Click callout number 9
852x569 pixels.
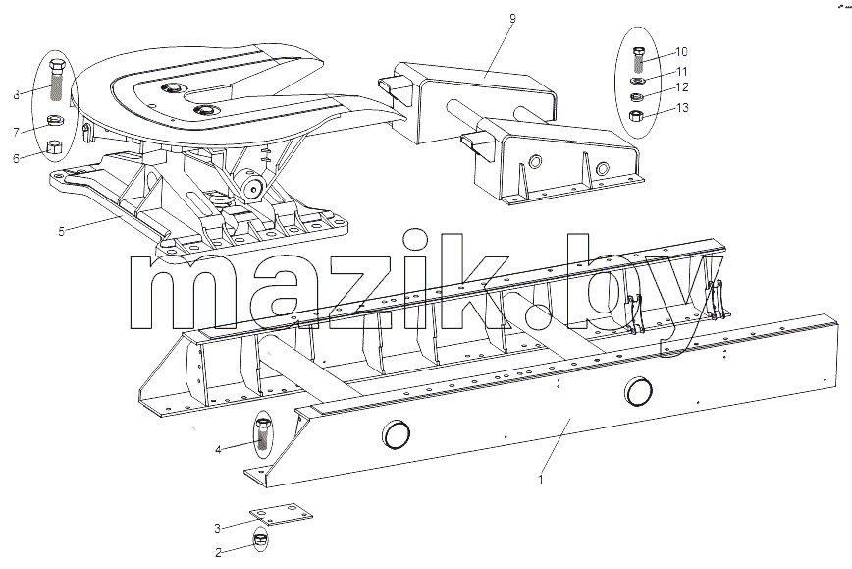(513, 19)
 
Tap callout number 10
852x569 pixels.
(681, 52)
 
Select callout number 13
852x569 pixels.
(682, 108)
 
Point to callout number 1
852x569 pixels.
(540, 480)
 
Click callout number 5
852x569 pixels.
(61, 231)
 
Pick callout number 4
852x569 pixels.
(218, 450)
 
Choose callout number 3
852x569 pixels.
(217, 528)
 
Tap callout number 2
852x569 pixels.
(218, 553)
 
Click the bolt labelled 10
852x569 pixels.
(638, 60)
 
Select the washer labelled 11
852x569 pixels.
(638, 81)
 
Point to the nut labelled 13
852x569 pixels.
(637, 116)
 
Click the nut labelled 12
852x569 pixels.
(637, 97)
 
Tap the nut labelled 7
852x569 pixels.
(54, 120)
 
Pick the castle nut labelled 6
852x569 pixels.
(54, 148)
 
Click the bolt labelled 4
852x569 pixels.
(262, 433)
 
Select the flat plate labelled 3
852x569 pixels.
(281, 514)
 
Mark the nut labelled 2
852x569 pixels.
(261, 540)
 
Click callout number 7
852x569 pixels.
(16, 133)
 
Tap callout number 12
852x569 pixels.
(681, 87)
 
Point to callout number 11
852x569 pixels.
(681, 72)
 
